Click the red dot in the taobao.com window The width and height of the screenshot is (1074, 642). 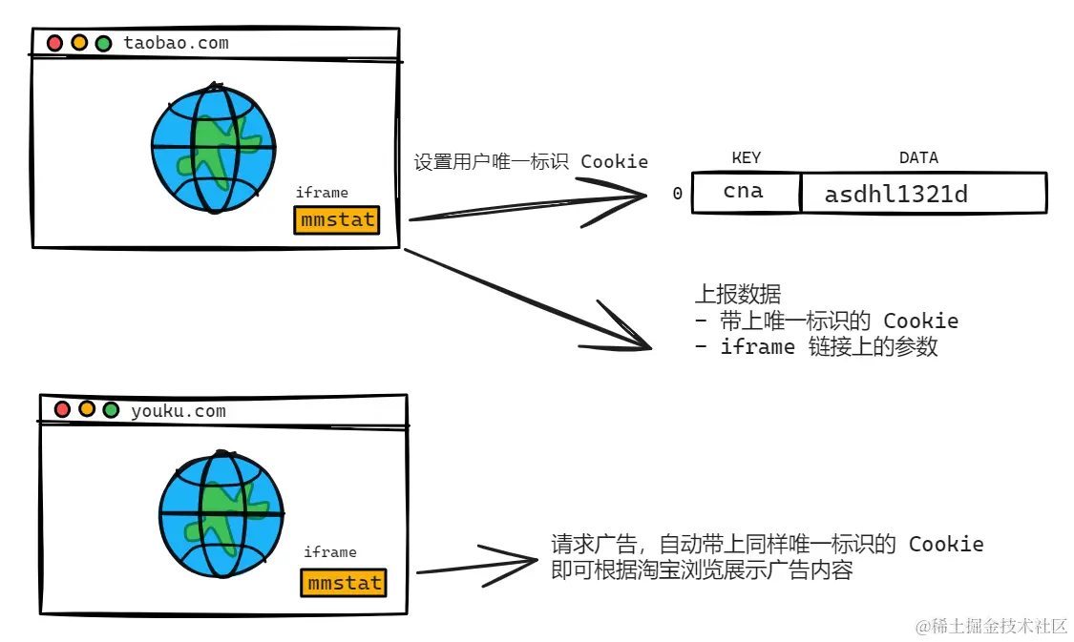coord(55,43)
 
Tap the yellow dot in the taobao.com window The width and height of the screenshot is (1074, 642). coord(79,43)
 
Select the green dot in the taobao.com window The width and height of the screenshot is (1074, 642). coord(103,43)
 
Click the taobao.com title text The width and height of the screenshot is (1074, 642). coord(176,43)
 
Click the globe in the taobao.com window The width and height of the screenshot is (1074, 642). coord(213,148)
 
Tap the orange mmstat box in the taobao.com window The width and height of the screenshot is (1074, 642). coord(336,220)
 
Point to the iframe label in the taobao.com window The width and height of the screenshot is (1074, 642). coord(322,193)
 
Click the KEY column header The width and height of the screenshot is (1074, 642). coord(746,158)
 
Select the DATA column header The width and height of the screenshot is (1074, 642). coord(918,158)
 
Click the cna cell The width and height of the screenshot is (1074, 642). coord(744,192)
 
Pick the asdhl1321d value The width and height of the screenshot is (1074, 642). coord(895,195)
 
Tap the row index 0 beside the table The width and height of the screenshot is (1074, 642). coord(677,195)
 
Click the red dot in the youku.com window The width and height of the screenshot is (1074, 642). coord(62,409)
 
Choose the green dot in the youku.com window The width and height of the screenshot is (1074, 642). coord(111,409)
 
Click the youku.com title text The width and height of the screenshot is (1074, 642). coord(179,411)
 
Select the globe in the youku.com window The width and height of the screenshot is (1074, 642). coord(221,512)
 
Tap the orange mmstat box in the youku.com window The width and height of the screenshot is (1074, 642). coord(344,582)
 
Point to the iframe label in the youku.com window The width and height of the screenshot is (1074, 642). coord(330,552)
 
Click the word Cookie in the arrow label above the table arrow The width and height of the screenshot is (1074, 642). coord(614,161)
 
